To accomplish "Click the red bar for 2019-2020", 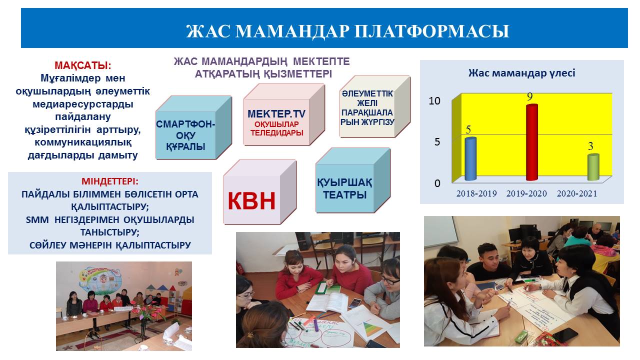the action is coord(532,142).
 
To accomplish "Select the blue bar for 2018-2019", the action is coord(470,159).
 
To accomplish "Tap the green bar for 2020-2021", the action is coord(593,167).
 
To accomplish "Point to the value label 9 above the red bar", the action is coord(529,97).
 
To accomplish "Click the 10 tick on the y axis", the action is coord(434,100).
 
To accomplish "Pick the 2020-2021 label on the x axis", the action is coord(577,193).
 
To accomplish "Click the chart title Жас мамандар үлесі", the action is coord(521,73).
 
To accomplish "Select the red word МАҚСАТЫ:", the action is coord(83,65).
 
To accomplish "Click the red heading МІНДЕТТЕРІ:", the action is coord(110,181).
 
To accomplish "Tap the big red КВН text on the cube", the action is coord(251,201).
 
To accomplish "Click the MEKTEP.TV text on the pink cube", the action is coord(276,113).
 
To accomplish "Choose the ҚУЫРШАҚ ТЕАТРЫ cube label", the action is coord(344,188).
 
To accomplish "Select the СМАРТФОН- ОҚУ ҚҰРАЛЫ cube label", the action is coord(185,135).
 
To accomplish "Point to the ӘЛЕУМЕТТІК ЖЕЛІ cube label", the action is coord(367,98).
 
